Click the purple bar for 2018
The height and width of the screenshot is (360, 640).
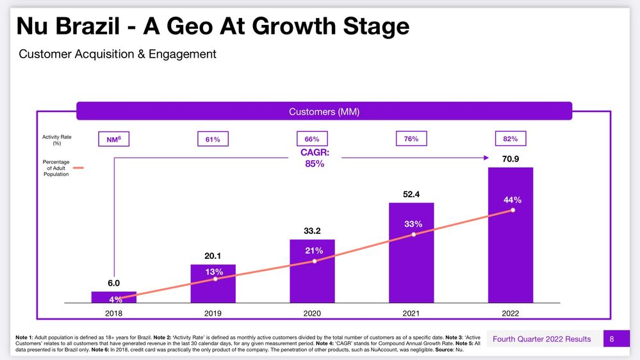click(x=114, y=297)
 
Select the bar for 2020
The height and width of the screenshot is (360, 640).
click(x=312, y=270)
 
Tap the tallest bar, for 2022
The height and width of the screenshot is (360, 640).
click(x=511, y=234)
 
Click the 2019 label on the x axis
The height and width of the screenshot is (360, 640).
click(x=213, y=313)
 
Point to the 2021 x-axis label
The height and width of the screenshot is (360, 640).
click(x=411, y=313)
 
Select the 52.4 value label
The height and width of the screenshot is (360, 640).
click(x=411, y=193)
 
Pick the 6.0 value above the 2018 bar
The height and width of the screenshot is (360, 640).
click(x=114, y=282)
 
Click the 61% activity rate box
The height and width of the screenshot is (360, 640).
click(x=213, y=139)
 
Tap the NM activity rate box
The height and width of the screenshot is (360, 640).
click(x=114, y=139)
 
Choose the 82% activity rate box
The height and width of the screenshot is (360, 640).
click(x=511, y=138)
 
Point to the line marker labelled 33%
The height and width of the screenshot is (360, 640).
click(x=414, y=234)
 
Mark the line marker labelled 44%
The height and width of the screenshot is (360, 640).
click(x=513, y=209)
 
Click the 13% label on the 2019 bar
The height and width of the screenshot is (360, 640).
click(x=214, y=272)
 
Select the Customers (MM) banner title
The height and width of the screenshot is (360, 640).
click(x=324, y=112)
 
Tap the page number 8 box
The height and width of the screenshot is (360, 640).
click(x=612, y=338)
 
